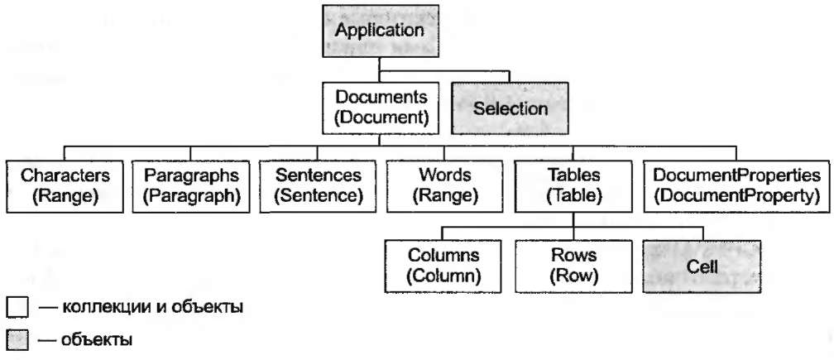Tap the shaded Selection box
(510, 108)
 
